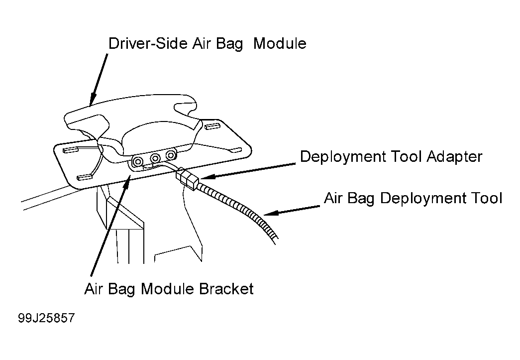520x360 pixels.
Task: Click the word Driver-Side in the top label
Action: tap(148, 43)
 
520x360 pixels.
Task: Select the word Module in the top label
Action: tap(280, 43)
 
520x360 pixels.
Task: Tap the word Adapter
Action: tap(454, 157)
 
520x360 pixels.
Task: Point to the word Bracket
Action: tap(226, 289)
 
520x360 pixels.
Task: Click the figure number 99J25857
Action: tap(46, 318)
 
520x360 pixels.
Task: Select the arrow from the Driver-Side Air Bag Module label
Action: tap(99, 80)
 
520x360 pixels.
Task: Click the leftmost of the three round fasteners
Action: tap(137, 162)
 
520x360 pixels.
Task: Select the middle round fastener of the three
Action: tap(155, 158)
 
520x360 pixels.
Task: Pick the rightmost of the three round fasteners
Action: tap(171, 155)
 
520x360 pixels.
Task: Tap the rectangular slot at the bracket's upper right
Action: tap(212, 126)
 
